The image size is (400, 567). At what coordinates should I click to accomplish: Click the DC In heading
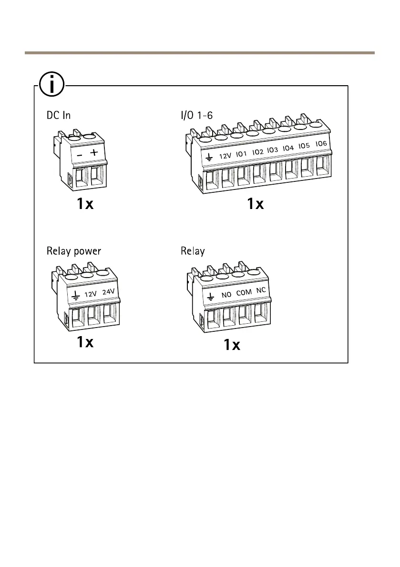pos(59,116)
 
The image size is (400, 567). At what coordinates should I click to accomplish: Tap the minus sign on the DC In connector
pos(80,155)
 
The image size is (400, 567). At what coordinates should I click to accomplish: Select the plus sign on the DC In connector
pos(94,152)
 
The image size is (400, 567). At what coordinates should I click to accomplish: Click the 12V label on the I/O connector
pos(226,155)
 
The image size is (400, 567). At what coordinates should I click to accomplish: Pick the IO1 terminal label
pos(242,153)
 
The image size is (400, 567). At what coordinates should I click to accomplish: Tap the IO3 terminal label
pos(272,150)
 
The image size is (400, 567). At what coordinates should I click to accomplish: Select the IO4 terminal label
pos(288,148)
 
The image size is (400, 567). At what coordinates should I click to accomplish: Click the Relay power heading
pos(74,251)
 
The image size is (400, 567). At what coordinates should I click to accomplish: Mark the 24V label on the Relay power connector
pos(109,291)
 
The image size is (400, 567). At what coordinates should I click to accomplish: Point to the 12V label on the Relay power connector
pos(91,294)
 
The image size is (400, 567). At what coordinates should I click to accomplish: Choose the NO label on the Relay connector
pos(226,295)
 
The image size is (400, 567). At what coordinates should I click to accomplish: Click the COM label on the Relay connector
pos(244,292)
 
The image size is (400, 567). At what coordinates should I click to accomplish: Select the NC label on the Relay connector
pos(260,290)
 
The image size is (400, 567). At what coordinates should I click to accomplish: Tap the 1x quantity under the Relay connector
pos(232,345)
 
